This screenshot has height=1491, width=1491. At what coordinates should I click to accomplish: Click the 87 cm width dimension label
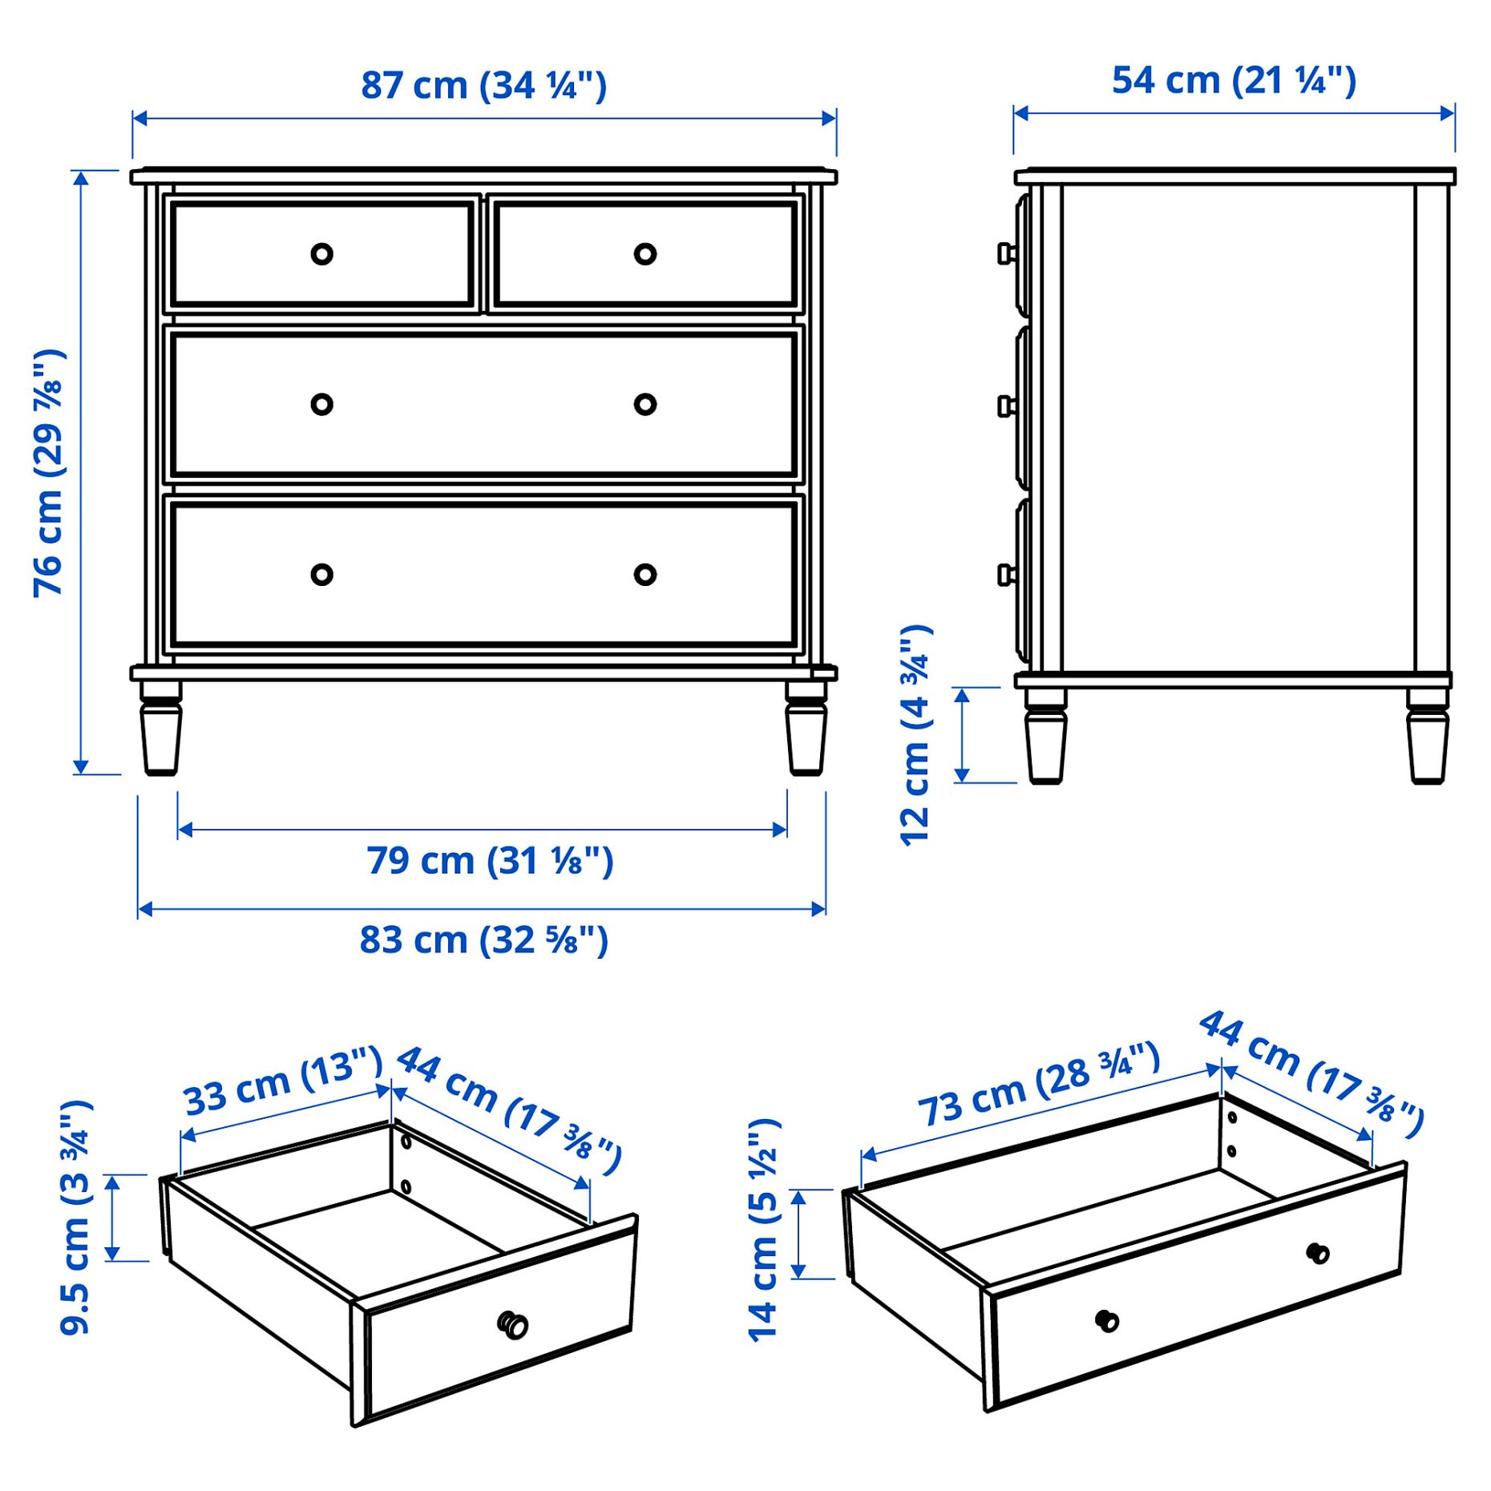[483, 86]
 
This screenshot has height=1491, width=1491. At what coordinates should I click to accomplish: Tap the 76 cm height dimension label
[49, 473]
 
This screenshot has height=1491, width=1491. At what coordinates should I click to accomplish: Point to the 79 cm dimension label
[490, 861]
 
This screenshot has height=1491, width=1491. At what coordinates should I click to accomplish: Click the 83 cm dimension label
[483, 939]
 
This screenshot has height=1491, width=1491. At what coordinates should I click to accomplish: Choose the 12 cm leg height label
[915, 734]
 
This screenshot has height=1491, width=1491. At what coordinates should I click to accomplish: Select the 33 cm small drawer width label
[282, 1082]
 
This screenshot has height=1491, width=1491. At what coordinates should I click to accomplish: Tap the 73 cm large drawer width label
[1038, 1084]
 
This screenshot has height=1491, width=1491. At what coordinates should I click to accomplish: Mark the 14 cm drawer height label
[763, 1230]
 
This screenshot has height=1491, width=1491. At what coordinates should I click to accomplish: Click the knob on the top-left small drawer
[321, 254]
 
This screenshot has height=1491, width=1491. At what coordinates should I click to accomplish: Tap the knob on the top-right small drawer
[644, 254]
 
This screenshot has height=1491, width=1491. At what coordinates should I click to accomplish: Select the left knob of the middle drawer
[321, 404]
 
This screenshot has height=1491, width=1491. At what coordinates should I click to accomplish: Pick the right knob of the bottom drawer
[644, 574]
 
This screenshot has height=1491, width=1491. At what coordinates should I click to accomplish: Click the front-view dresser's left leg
[161, 729]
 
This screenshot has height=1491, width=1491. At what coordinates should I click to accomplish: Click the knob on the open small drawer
[513, 1324]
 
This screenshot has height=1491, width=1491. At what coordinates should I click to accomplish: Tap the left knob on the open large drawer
[1106, 1320]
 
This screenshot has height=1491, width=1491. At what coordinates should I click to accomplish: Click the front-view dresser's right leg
[806, 729]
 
